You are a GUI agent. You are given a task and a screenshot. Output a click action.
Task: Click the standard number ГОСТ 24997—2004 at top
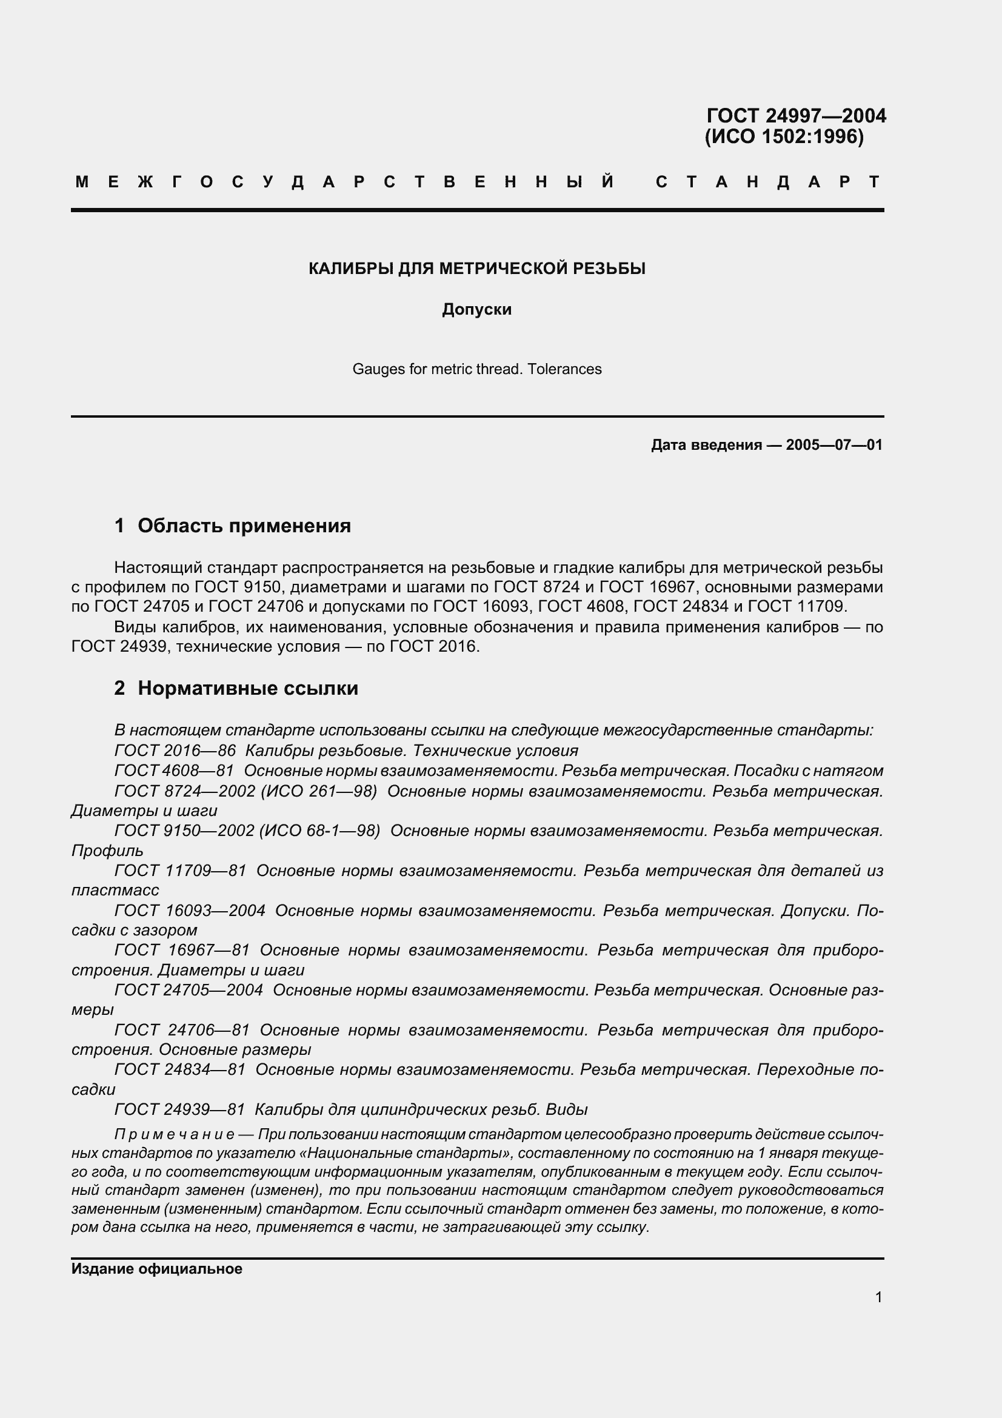tap(796, 116)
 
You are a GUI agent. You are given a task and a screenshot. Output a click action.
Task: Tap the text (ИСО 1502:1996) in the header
tap(784, 136)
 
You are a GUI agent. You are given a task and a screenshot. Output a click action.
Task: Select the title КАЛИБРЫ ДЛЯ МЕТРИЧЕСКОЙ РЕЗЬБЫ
tap(476, 269)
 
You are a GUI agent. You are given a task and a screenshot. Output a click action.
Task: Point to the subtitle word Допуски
tap(476, 309)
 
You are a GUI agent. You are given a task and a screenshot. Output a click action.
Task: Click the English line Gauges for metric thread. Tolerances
tap(476, 369)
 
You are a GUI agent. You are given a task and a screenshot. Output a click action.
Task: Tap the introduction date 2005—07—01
tap(834, 444)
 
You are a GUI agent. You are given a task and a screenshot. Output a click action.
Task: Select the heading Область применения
tap(244, 526)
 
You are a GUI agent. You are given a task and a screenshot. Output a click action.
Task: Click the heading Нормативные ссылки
tap(247, 688)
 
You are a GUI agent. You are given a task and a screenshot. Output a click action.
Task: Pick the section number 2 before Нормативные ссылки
tap(120, 688)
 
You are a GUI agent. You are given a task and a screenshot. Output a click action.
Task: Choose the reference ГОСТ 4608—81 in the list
tap(174, 771)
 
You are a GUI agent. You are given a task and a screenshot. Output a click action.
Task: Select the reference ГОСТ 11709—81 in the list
tap(180, 871)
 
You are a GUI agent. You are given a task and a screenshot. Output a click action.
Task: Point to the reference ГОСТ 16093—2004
tap(190, 911)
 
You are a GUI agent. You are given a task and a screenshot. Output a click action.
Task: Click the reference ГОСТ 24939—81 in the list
tap(179, 1109)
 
